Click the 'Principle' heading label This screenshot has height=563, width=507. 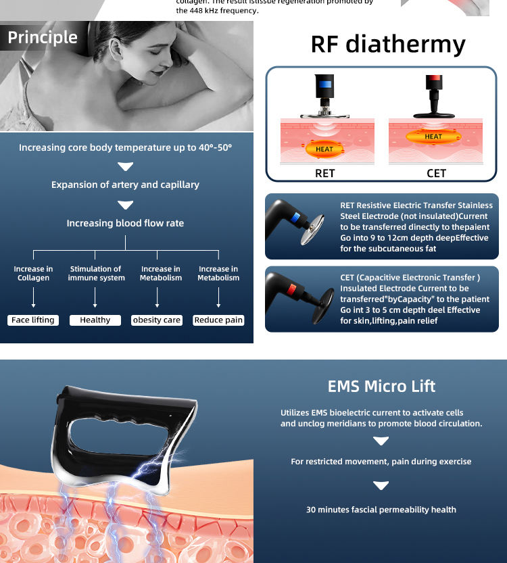pyautogui.click(x=43, y=37)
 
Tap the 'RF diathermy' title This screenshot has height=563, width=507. pyautogui.click(x=388, y=44)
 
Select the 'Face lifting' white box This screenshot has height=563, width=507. pyautogui.click(x=33, y=320)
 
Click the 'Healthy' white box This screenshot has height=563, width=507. pyautogui.click(x=95, y=320)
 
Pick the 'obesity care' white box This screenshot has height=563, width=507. pyautogui.click(x=157, y=320)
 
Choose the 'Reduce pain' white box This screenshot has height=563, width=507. pyautogui.click(x=218, y=320)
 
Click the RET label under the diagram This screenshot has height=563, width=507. pyautogui.click(x=325, y=173)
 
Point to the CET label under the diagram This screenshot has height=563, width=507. pyautogui.click(x=437, y=173)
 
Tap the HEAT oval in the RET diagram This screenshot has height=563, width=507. pyautogui.click(x=324, y=149)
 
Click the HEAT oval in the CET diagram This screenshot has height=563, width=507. pyautogui.click(x=433, y=137)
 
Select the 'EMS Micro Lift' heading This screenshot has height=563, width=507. pyautogui.click(x=381, y=387)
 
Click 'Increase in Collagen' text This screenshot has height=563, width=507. pyautogui.click(x=33, y=273)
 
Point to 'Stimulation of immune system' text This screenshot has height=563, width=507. pyautogui.click(x=95, y=273)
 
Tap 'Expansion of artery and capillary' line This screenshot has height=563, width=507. pyautogui.click(x=125, y=185)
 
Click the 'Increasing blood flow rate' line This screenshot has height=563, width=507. pyautogui.click(x=125, y=223)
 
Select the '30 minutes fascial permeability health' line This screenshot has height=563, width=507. pyautogui.click(x=381, y=510)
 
